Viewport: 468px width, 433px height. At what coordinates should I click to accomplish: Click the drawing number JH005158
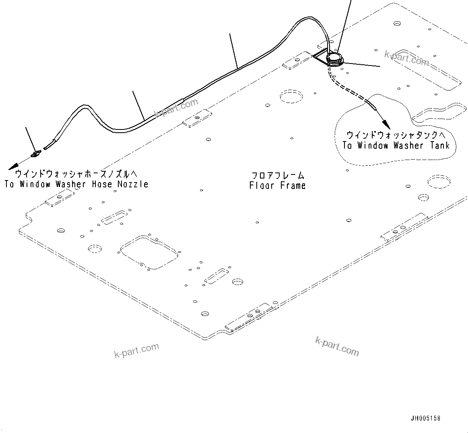[x=425, y=418]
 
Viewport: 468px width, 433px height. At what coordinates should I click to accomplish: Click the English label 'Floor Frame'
[x=277, y=185]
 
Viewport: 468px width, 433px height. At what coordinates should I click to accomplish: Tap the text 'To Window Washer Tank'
[x=396, y=146]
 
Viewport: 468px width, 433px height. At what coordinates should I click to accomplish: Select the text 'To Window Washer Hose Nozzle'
[x=76, y=184]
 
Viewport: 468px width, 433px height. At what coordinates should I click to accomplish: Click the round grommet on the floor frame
[x=334, y=59]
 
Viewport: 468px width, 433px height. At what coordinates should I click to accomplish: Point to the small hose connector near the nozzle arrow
[x=36, y=153]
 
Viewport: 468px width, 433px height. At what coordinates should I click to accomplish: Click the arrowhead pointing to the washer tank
[x=385, y=121]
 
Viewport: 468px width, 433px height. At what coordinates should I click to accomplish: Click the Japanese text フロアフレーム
[x=278, y=176]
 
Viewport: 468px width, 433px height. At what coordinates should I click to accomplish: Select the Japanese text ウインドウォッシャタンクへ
[x=396, y=135]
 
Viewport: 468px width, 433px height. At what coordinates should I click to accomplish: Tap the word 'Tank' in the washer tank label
[x=439, y=146]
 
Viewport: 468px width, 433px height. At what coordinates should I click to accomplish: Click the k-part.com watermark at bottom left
[x=137, y=350]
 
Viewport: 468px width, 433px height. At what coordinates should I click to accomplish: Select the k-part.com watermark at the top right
[x=406, y=58]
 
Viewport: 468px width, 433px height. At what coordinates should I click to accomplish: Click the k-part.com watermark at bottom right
[x=337, y=346]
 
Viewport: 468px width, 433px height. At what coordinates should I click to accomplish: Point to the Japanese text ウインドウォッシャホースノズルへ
[x=76, y=174]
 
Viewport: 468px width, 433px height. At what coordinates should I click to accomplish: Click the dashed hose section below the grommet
[x=346, y=86]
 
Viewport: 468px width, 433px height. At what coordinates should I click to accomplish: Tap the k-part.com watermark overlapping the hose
[x=176, y=107]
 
